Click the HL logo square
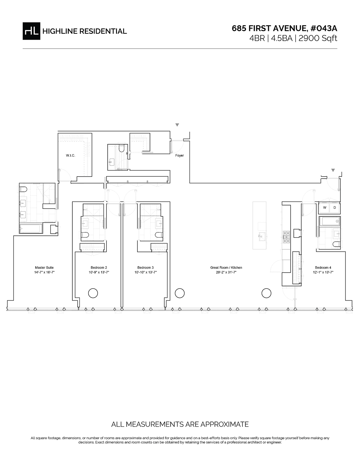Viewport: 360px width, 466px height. [31, 31]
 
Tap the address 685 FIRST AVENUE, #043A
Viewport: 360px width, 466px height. [284, 28]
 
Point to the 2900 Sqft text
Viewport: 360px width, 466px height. [318, 38]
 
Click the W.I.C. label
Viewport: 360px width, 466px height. [70, 155]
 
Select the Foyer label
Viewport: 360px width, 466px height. [179, 155]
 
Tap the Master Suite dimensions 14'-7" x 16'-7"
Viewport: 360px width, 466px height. [44, 272]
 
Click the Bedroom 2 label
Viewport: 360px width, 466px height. [99, 268]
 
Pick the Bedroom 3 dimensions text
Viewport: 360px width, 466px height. [145, 272]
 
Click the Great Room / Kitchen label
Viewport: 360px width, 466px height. [226, 268]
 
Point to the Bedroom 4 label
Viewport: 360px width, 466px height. [323, 268]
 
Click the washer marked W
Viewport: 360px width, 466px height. [324, 208]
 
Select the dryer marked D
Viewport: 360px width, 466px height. [335, 208]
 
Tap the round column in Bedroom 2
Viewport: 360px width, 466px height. [93, 293]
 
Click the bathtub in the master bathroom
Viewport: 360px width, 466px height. [31, 228]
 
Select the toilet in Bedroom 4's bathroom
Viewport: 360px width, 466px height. [337, 244]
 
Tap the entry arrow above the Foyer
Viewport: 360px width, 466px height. [177, 125]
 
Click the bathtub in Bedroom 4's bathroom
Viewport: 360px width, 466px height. [330, 221]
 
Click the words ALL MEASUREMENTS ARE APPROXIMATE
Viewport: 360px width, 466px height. [180, 424]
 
